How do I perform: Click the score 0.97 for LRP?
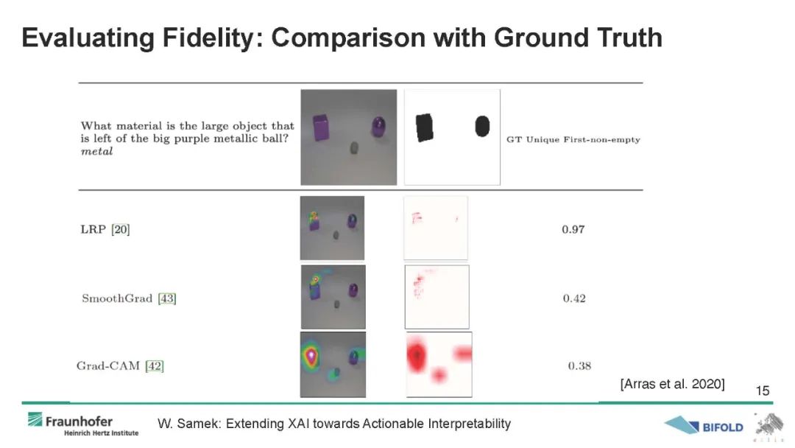573,229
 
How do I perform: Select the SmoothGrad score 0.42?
574,298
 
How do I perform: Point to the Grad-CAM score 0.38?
579,365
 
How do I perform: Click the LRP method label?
93,229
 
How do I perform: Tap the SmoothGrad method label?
117,298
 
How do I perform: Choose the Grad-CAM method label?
108,365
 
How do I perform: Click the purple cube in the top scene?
321,127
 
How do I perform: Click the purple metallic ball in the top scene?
378,127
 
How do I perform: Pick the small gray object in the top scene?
354,148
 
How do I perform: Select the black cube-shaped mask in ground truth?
425,127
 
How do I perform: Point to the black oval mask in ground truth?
482,126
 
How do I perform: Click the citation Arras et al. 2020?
672,384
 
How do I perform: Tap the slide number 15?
762,391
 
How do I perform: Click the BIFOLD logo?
704,426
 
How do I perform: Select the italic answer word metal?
97,151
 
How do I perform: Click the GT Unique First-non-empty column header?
573,139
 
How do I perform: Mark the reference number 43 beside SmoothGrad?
167,298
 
